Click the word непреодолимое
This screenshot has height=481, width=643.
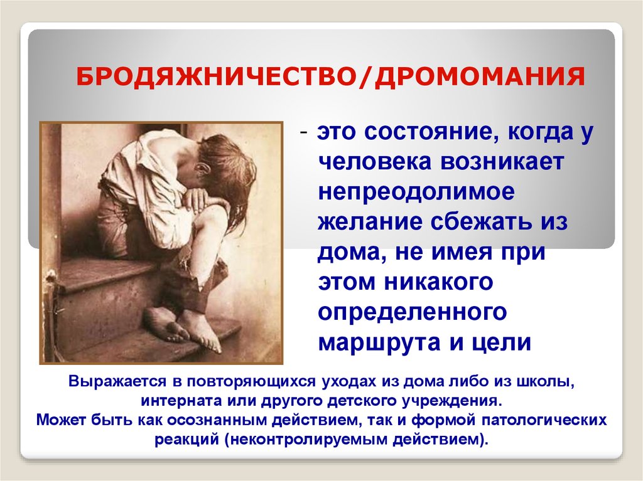416,192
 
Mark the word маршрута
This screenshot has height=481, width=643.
380,342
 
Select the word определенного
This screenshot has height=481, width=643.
413,312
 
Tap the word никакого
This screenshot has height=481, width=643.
439,282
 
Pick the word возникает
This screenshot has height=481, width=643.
503,162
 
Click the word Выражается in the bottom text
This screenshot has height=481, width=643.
117,382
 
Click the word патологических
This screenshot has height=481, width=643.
544,420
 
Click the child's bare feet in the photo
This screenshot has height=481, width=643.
184,328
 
